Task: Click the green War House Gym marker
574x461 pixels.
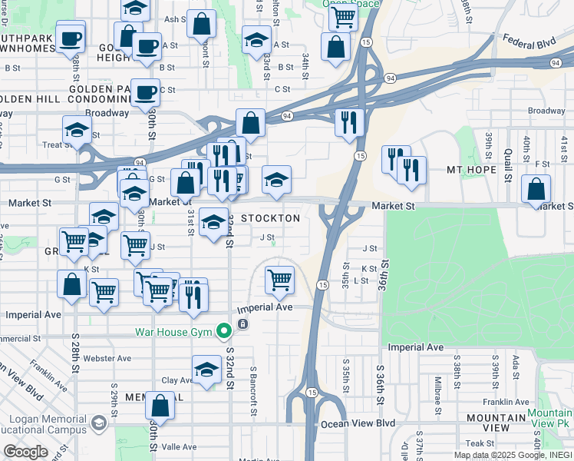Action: pos(224,332)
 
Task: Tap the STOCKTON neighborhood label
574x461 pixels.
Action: pos(270,218)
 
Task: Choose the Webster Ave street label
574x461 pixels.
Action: pos(107,358)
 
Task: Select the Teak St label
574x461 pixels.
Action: pos(479,443)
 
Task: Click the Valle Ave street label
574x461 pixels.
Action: pos(179,446)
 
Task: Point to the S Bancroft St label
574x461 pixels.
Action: pos(252,390)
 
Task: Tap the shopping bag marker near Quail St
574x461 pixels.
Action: pos(536,189)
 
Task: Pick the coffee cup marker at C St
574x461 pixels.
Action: pos(144,93)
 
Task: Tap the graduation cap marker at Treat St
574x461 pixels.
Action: pos(77,131)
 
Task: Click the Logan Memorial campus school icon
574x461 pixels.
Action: pos(98,423)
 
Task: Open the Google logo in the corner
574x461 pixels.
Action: pos(25,451)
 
